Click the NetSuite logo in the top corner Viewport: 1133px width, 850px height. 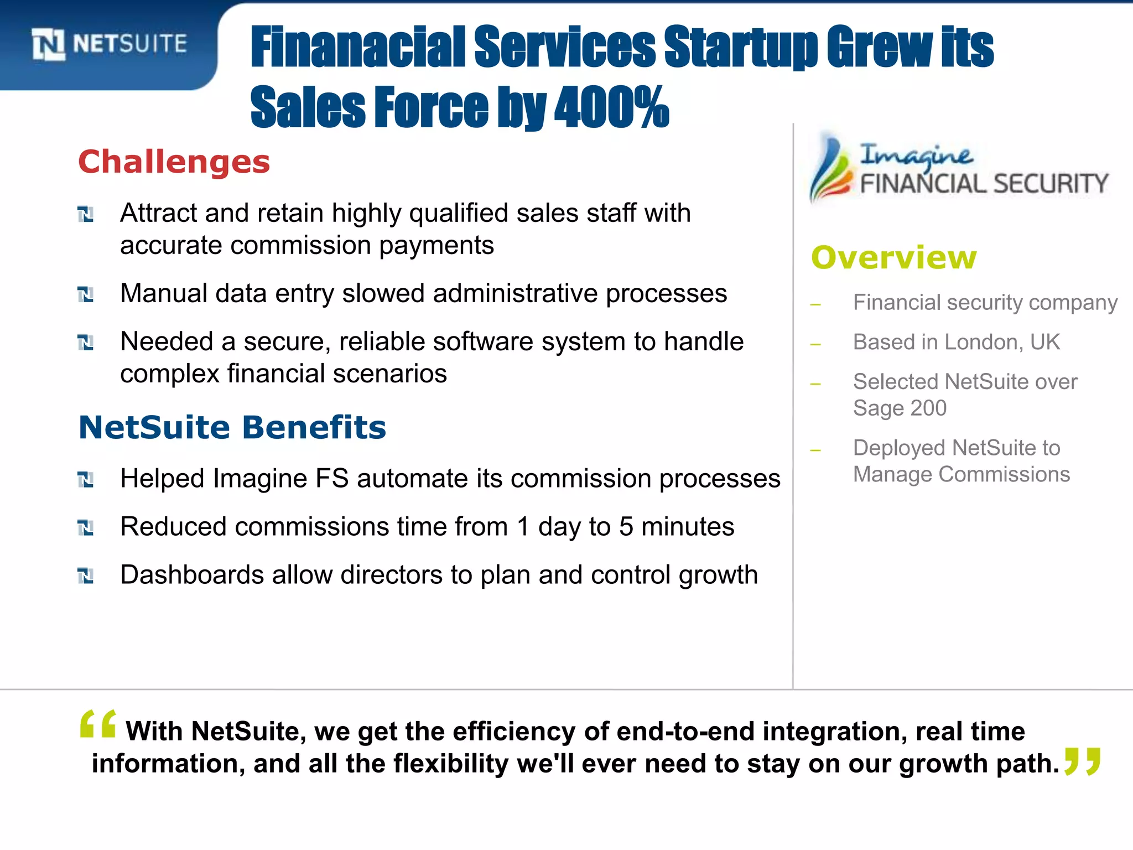tap(110, 44)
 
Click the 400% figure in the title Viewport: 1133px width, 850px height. tap(611, 107)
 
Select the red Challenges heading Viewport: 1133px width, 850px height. tap(174, 162)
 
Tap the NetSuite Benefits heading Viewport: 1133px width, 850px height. tap(232, 428)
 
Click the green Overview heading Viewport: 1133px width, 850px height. tap(893, 258)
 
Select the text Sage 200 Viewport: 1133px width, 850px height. tap(900, 408)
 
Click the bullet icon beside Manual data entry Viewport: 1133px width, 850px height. tap(86, 294)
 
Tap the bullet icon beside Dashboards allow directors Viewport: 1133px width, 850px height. tap(86, 576)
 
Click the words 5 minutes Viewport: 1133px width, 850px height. tap(676, 526)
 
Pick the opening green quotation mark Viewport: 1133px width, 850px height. tap(98, 724)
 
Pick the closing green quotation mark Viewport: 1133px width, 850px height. tap(1083, 761)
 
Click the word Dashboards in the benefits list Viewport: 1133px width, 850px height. tap(191, 575)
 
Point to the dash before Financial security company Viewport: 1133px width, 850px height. tap(815, 304)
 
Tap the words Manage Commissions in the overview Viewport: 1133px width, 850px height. tap(961, 475)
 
